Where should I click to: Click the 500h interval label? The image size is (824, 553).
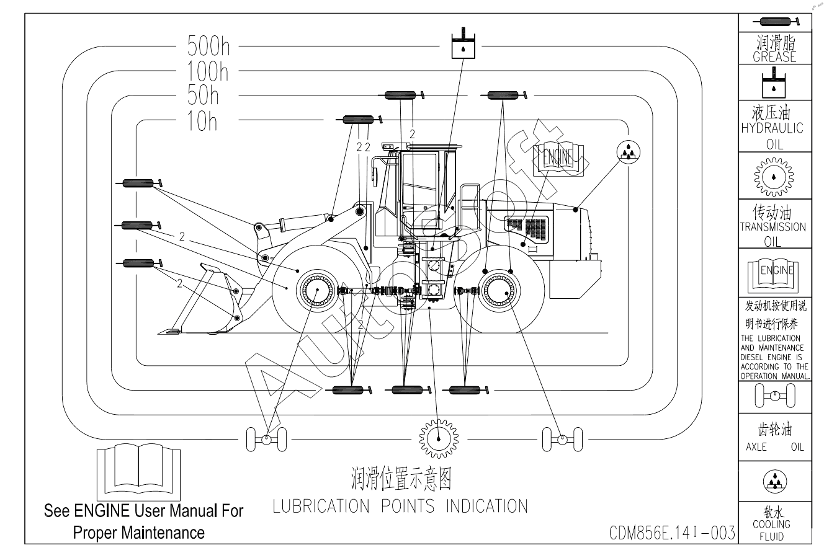click(208, 46)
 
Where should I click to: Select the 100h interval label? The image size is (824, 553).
click(208, 72)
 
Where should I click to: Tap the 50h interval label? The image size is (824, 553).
click(204, 95)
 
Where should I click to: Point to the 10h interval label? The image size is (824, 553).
click(203, 122)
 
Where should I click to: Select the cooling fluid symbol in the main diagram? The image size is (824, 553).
click(629, 151)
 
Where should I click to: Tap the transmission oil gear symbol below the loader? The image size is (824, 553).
click(438, 438)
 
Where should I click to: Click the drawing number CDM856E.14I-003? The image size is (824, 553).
click(672, 533)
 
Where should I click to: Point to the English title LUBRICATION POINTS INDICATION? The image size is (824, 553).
click(400, 506)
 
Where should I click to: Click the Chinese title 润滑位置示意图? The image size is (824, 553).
click(401, 479)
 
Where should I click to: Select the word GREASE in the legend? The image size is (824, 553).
click(774, 57)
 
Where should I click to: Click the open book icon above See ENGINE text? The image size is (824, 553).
click(139, 473)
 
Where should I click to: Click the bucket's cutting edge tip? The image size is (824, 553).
click(163, 332)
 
